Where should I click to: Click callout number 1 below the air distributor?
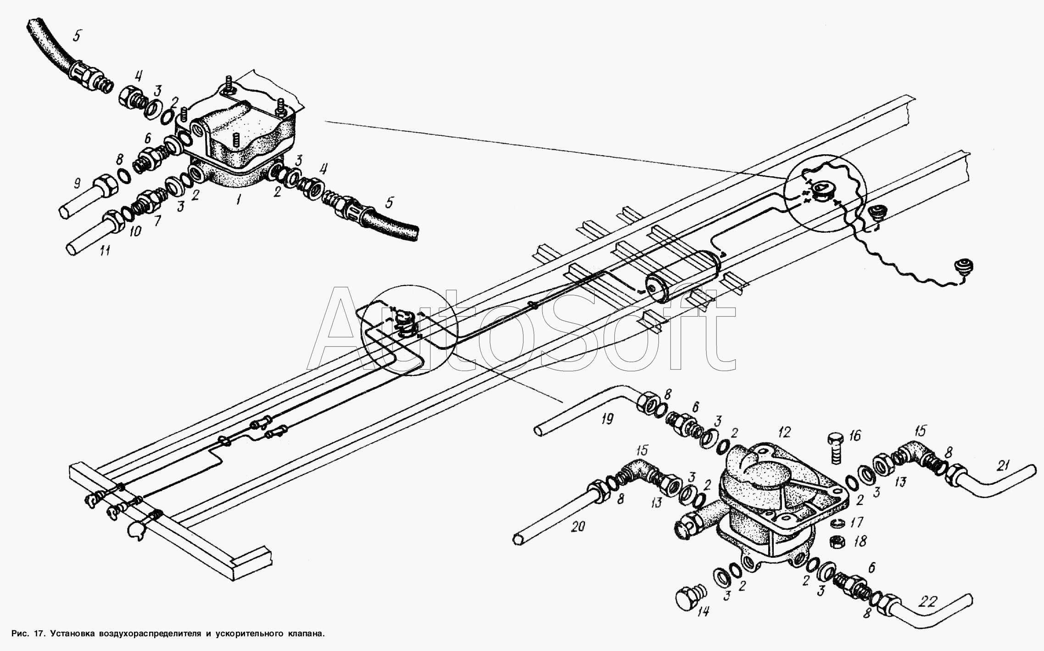tap(239, 202)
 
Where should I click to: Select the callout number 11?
tap(106, 251)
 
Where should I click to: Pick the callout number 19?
tap(608, 420)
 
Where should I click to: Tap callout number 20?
tap(578, 528)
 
